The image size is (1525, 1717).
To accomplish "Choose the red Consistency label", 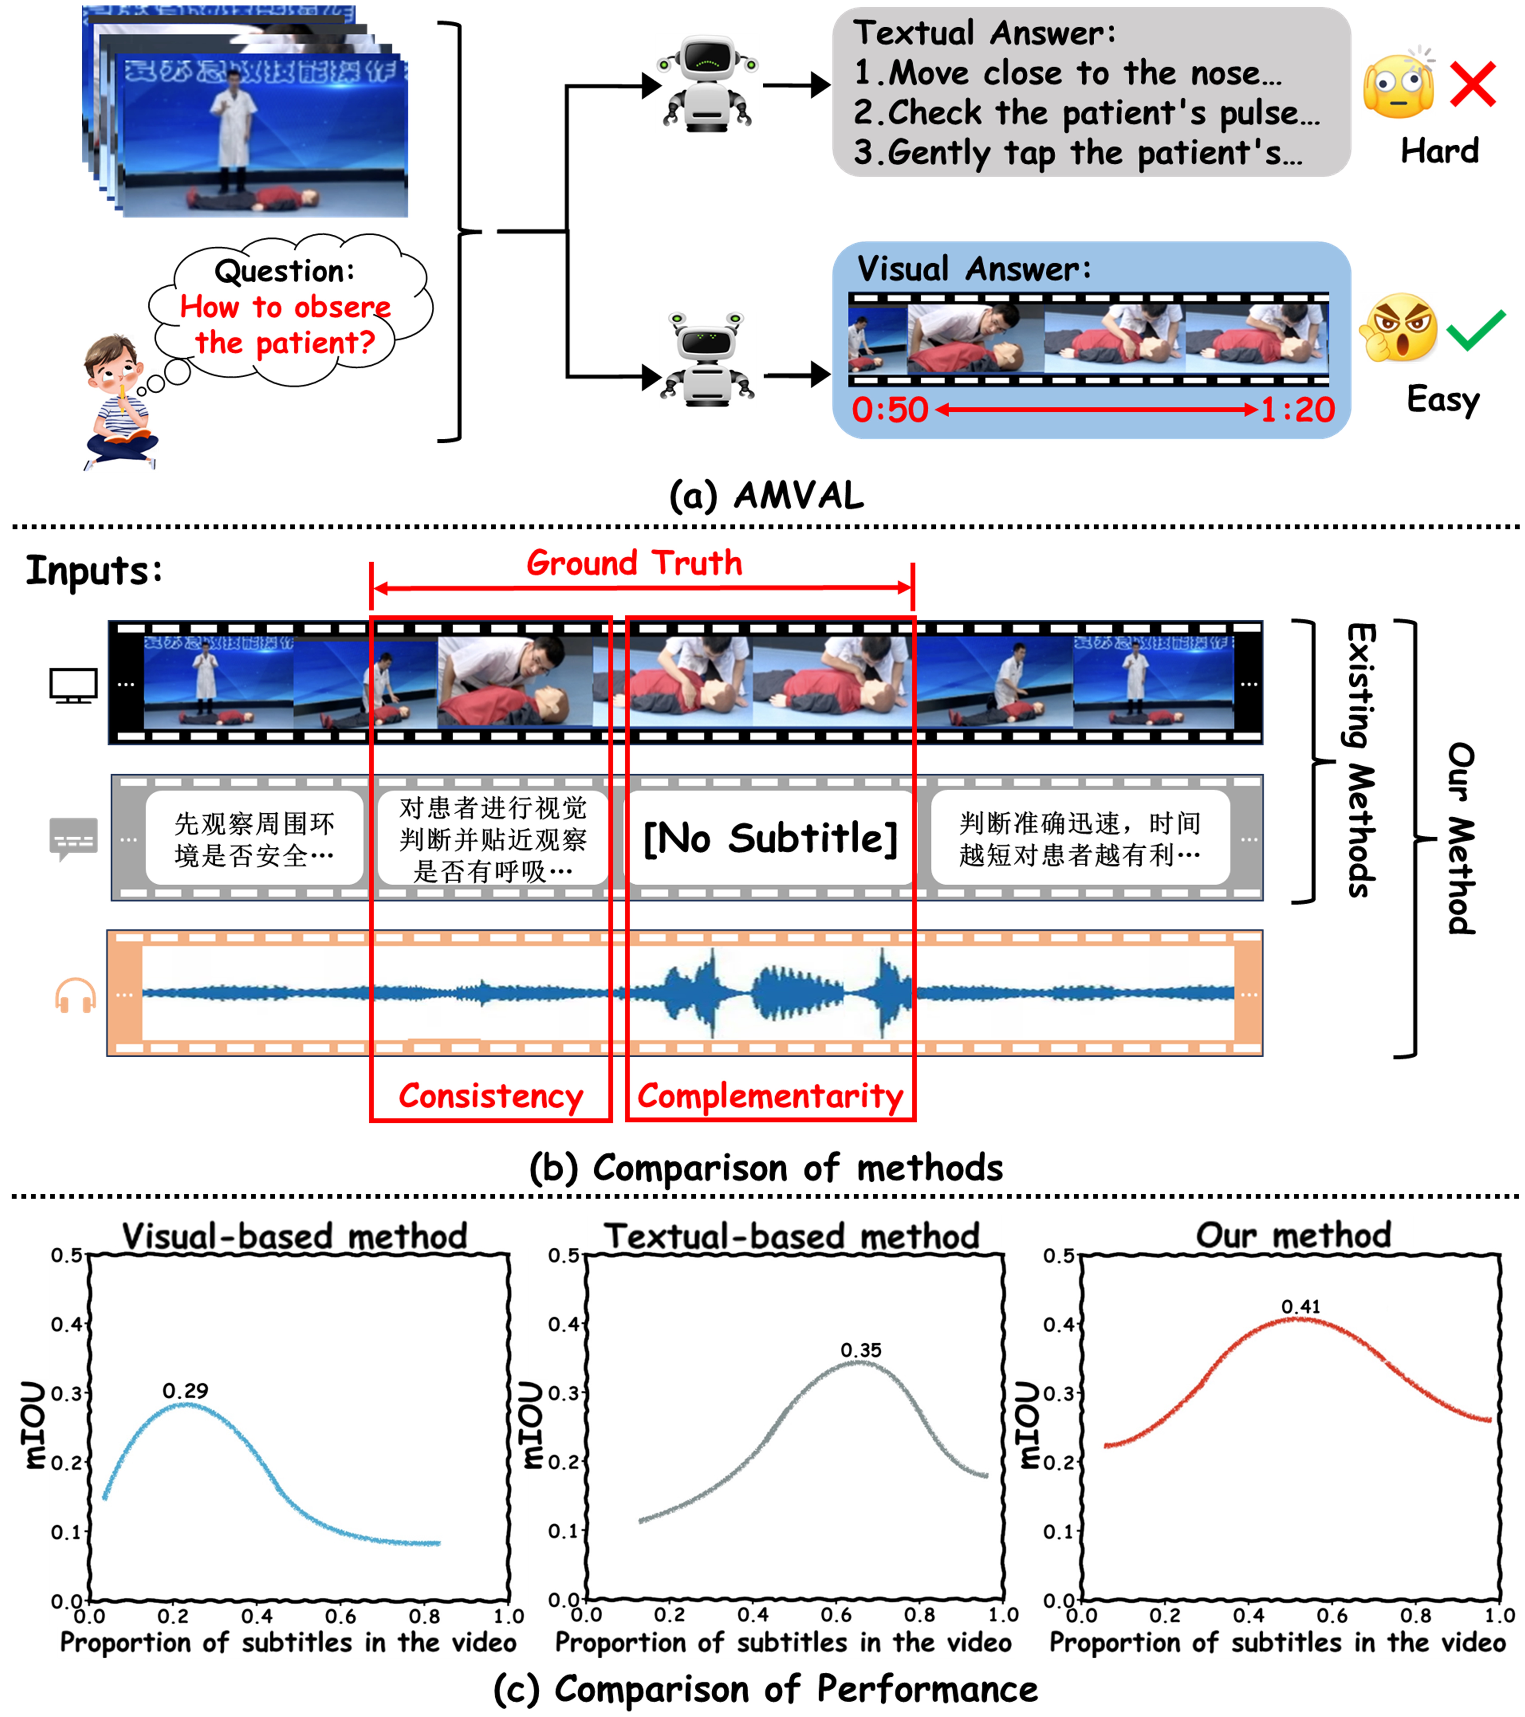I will click(491, 1096).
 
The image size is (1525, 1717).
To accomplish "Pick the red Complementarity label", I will click(770, 1096).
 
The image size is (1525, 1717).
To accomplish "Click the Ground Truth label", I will click(634, 563).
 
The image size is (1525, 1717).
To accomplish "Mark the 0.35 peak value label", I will click(861, 1351).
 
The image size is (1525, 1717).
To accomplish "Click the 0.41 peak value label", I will click(1301, 1307).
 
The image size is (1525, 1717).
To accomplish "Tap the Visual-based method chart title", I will click(294, 1237).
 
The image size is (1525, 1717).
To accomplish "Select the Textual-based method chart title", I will click(792, 1237).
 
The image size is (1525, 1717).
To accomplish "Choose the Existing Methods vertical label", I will click(1361, 760).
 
